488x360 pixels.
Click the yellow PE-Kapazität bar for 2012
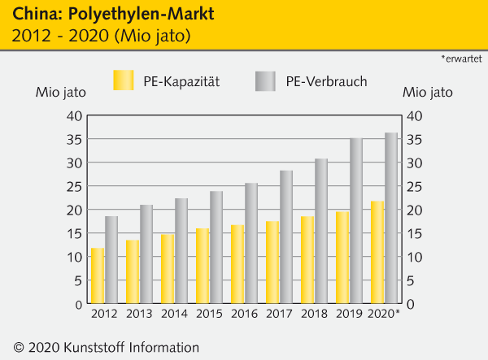click(x=98, y=275)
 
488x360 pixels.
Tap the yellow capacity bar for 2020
click(x=377, y=252)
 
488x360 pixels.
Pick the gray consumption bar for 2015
click(x=216, y=247)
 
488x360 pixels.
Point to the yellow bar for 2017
click(x=272, y=262)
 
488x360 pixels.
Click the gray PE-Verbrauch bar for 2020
click(x=391, y=218)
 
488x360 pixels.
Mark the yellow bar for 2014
click(x=168, y=268)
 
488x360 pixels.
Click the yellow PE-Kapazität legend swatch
click(x=123, y=80)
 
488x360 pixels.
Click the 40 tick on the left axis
click(x=72, y=115)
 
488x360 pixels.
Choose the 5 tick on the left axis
click(x=76, y=280)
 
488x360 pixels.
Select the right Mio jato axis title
click(x=428, y=92)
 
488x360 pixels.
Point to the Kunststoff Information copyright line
click(x=101, y=347)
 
